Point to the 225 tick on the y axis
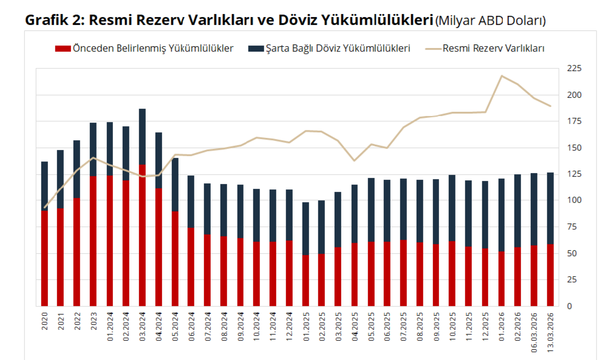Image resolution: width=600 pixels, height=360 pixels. (x=574, y=69)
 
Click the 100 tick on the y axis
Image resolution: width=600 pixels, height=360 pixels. (x=574, y=200)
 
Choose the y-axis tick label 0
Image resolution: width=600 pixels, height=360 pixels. (x=570, y=306)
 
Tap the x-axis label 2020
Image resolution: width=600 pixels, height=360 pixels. (x=45, y=321)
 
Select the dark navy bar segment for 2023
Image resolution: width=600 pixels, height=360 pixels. (x=94, y=149)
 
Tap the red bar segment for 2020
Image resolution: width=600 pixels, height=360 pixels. (x=45, y=259)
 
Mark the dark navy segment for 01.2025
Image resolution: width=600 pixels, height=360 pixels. (x=305, y=228)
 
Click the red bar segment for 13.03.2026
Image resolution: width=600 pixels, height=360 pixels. (x=550, y=275)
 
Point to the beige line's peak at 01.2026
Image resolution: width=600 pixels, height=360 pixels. (x=501, y=76)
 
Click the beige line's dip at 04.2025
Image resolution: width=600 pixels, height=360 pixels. (x=355, y=160)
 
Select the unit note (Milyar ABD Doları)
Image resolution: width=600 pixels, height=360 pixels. (x=491, y=21)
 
